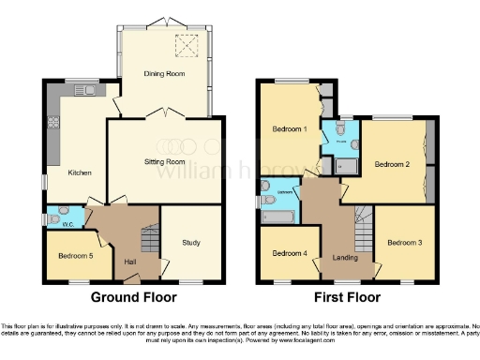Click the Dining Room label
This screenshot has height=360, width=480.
click(164, 72)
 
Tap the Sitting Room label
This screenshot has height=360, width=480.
click(166, 160)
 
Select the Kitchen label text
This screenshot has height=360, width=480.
click(78, 172)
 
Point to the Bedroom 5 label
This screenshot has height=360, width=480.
click(72, 255)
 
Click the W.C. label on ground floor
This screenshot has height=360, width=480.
click(67, 224)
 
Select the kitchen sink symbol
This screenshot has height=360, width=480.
click(88, 91)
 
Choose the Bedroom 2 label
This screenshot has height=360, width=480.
click(391, 163)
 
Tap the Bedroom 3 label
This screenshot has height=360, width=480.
click(405, 243)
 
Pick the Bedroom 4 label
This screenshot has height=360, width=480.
click(289, 253)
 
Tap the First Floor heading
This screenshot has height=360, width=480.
click(348, 297)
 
